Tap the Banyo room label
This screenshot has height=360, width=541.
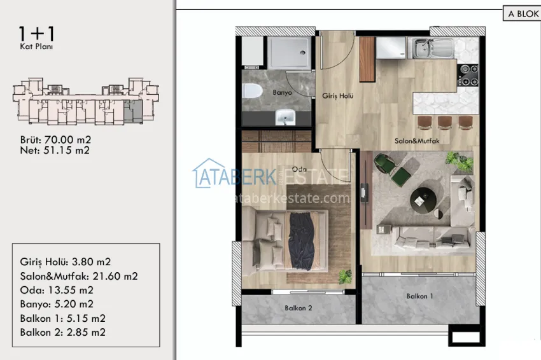281,93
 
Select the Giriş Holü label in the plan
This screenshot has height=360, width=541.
338,96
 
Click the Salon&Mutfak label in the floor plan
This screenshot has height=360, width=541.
416,141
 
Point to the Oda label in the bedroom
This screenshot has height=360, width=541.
299,169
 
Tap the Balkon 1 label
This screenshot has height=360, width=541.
420,296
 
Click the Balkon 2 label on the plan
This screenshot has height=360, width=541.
298,308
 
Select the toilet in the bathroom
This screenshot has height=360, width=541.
252,91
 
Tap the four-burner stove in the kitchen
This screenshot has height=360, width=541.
468,74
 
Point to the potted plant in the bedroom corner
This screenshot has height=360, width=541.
345,276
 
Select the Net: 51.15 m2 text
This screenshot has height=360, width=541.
55,151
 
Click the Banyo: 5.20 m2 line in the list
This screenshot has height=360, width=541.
57,304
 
